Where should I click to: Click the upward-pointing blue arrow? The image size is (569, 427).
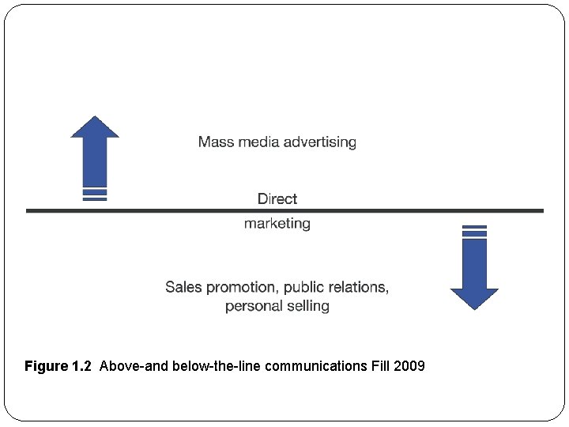[x=95, y=154]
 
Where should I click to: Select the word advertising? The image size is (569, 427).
[x=320, y=142]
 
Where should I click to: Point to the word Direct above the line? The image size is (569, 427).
[x=277, y=198]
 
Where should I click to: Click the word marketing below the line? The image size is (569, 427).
[x=277, y=224]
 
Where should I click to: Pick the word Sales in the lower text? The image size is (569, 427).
[x=183, y=286]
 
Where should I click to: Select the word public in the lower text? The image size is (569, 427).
[x=305, y=286]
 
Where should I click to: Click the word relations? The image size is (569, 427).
[x=360, y=286]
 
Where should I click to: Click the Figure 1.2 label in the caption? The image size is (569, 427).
[x=58, y=366]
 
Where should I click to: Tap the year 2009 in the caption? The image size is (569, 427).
[x=409, y=366]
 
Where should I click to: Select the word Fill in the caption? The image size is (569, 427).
[x=379, y=366]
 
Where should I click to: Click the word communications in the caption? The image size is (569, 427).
[x=316, y=366]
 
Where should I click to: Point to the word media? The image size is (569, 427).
[x=258, y=142]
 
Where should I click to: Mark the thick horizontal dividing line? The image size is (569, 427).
[x=158, y=210]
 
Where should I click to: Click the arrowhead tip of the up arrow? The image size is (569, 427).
[x=95, y=118]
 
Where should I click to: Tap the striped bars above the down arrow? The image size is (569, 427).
[x=474, y=231]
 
